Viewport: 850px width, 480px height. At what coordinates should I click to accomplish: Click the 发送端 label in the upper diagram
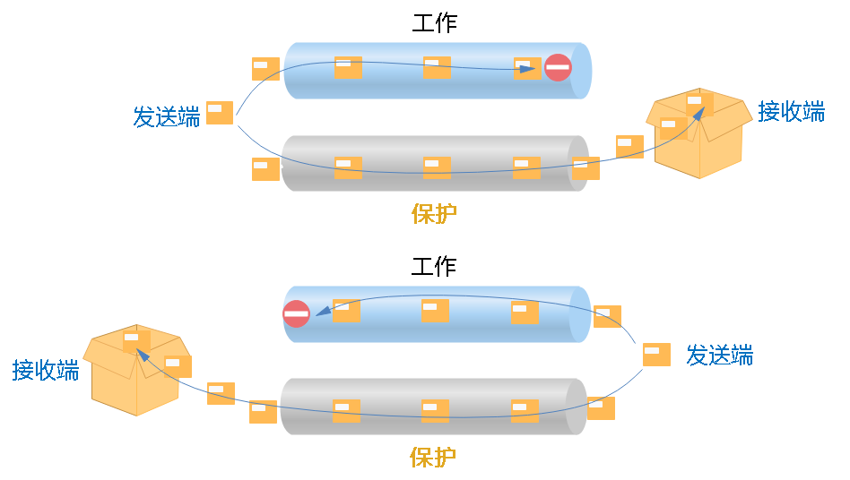point(167,116)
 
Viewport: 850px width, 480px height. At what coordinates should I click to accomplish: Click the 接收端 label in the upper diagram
point(792,112)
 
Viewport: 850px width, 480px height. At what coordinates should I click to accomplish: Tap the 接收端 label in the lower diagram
point(46,370)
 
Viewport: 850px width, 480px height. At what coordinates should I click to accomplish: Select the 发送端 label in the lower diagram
point(719,355)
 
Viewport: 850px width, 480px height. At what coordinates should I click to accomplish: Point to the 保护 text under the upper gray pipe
point(434,213)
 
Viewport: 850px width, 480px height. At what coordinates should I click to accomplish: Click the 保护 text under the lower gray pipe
point(432,457)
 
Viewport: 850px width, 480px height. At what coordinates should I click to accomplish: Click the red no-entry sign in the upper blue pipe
point(558,67)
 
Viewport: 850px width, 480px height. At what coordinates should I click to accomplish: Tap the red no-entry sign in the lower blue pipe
point(296,313)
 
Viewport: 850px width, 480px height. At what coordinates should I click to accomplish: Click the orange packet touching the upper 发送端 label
point(220,112)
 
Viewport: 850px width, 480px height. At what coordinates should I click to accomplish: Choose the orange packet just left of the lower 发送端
point(656,355)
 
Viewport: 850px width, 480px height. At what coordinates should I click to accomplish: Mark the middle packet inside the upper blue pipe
point(437,67)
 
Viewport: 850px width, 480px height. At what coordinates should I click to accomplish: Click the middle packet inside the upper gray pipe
point(437,167)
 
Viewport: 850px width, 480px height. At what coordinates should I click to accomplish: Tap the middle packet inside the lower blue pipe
point(435,310)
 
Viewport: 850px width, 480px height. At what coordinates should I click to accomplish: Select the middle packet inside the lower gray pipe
point(435,410)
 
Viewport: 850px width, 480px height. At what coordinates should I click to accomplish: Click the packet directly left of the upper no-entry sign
point(527,68)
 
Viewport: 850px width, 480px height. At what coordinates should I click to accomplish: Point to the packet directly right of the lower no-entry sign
point(346,310)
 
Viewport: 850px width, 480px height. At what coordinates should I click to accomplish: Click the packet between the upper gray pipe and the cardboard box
point(629,146)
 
